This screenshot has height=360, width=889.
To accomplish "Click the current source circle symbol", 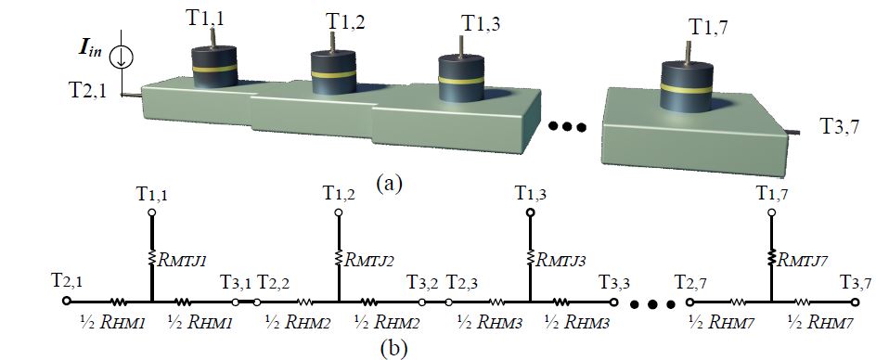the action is tap(121, 58).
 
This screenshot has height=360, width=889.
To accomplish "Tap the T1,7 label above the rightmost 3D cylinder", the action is tap(708, 27).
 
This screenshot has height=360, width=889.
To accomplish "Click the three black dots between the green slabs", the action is tap(567, 127).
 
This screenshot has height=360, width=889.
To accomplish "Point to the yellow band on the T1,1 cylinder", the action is tap(213, 68).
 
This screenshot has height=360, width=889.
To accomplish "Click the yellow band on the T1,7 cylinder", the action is tap(687, 88).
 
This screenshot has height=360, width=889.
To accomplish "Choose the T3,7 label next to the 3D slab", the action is tap(840, 126).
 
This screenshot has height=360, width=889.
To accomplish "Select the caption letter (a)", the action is tap(389, 184).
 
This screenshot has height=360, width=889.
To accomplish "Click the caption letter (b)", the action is tap(393, 348).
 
